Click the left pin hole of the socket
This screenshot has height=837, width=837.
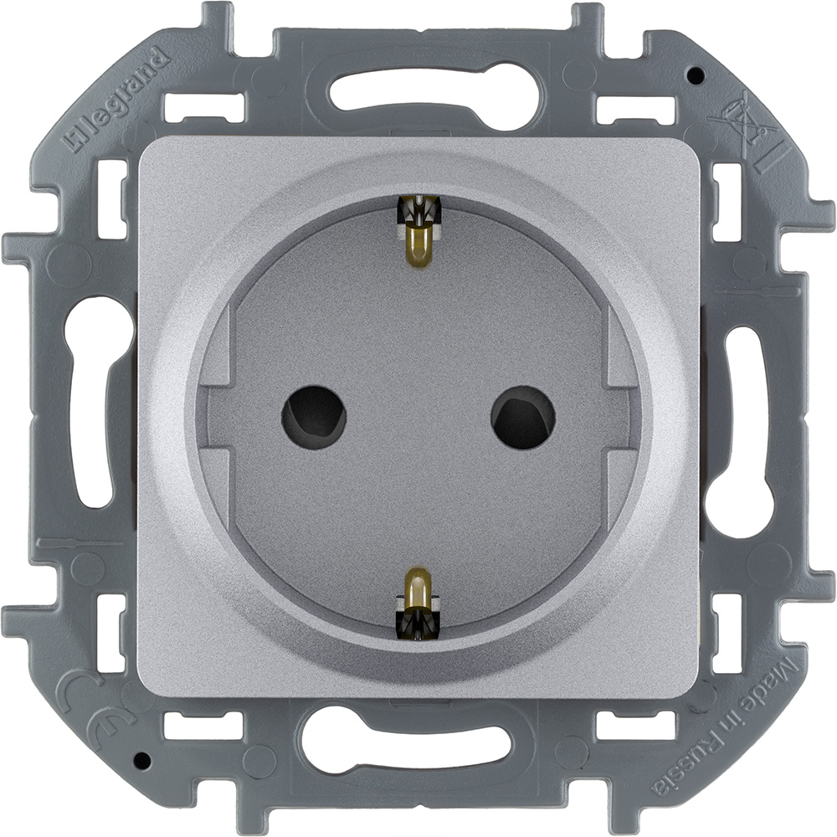(x=314, y=412)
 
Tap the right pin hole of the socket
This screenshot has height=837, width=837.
(x=523, y=416)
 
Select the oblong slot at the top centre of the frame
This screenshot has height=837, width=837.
(x=418, y=94)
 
